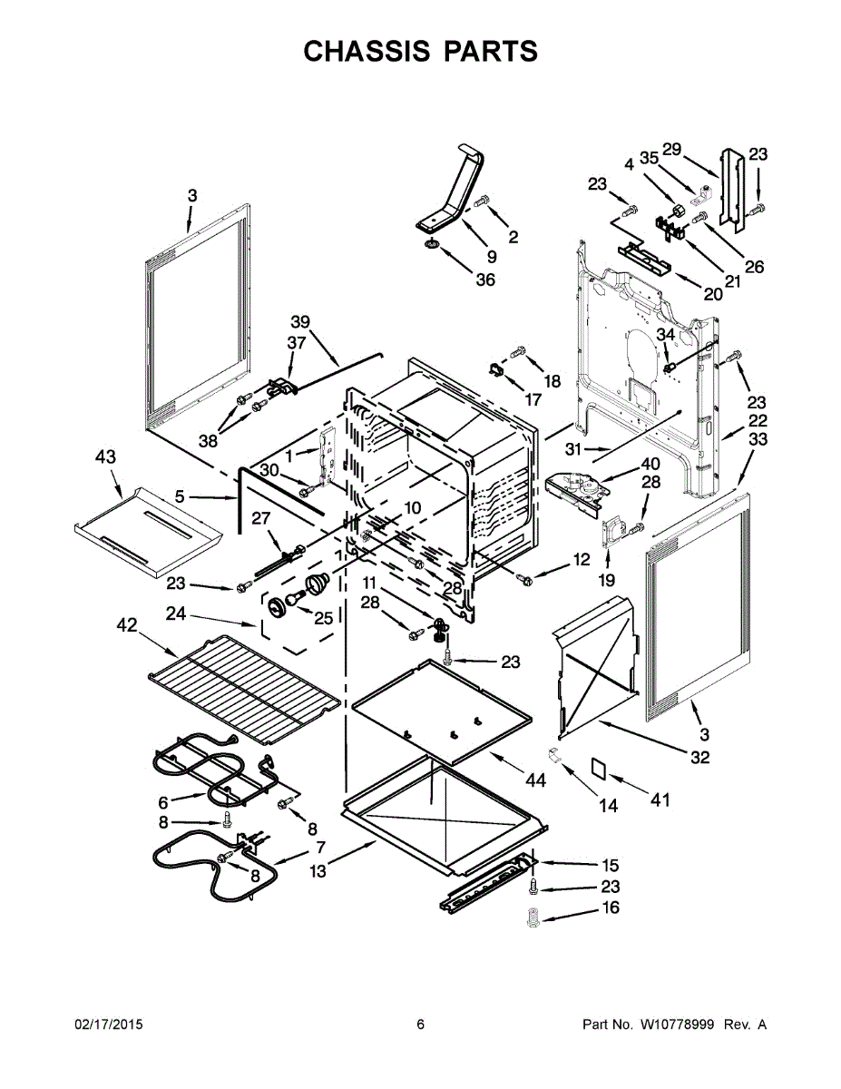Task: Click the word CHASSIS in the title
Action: [367, 52]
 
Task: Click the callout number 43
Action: [106, 457]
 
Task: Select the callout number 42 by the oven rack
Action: [127, 624]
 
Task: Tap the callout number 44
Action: [535, 780]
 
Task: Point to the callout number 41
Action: [660, 800]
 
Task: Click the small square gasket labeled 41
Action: [600, 766]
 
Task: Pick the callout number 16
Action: [611, 908]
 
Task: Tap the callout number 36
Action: [485, 280]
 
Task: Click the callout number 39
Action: [300, 322]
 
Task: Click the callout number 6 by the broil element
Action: [163, 802]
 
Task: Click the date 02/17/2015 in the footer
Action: [108, 1025]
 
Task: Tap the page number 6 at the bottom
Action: [420, 1025]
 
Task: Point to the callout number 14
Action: [609, 805]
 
